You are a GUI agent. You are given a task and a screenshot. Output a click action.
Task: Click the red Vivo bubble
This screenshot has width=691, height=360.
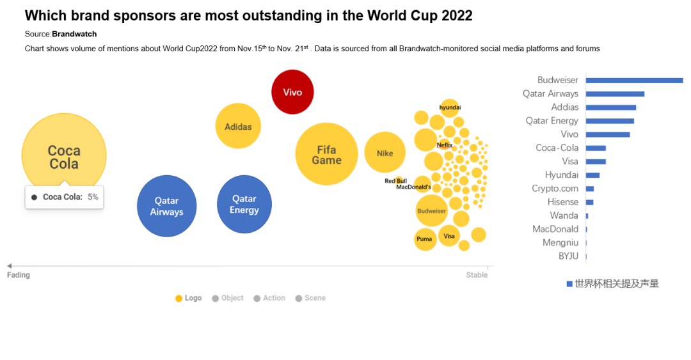(292, 92)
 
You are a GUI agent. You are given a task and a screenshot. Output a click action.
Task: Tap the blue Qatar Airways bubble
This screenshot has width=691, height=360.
(166, 206)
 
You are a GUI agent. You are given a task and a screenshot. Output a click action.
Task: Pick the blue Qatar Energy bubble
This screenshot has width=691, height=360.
(244, 205)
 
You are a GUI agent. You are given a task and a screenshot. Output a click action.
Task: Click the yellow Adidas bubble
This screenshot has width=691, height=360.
(238, 127)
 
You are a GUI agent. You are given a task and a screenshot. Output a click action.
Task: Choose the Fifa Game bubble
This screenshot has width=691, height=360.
(326, 154)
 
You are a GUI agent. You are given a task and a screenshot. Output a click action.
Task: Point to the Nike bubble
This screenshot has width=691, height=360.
(385, 153)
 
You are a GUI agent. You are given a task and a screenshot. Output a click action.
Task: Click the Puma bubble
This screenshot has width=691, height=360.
(424, 239)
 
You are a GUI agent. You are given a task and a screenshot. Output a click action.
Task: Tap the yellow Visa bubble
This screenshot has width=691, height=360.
(449, 236)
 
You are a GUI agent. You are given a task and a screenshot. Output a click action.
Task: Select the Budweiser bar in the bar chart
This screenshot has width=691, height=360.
(634, 81)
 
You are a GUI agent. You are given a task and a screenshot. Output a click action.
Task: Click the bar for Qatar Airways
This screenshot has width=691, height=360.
(615, 94)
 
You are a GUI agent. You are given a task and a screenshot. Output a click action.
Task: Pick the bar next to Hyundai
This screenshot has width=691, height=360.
(592, 175)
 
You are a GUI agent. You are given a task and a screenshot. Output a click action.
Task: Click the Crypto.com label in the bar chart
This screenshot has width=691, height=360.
(555, 189)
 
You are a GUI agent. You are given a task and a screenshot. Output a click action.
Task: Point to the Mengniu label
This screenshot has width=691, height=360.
(560, 243)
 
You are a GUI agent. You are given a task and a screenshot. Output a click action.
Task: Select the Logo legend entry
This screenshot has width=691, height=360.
(189, 298)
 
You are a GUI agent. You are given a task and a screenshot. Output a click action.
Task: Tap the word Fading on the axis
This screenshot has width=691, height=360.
(19, 275)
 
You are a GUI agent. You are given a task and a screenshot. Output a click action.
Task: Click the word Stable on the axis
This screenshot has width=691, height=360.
(477, 275)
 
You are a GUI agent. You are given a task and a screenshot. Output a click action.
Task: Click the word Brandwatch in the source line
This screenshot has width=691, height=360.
(74, 34)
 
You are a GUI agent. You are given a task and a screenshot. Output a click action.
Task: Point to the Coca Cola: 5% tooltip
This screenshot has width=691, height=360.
(65, 197)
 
